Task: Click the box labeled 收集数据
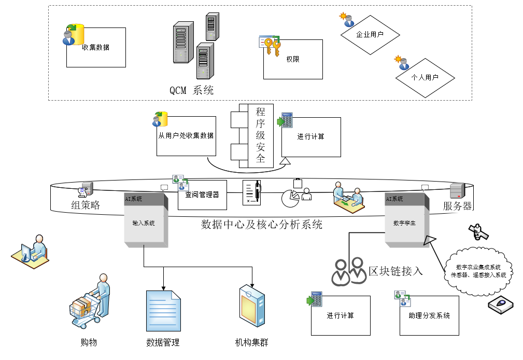(96, 48)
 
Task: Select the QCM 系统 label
(192, 90)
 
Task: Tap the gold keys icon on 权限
(270, 46)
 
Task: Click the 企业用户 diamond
(370, 35)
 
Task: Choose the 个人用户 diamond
(425, 78)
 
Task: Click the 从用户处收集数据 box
(186, 136)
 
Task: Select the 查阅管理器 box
(202, 195)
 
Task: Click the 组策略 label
(86, 205)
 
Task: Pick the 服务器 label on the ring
(457, 206)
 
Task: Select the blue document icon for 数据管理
(164, 310)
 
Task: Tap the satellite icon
(478, 231)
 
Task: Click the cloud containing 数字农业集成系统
(478, 270)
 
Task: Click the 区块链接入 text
(396, 271)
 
